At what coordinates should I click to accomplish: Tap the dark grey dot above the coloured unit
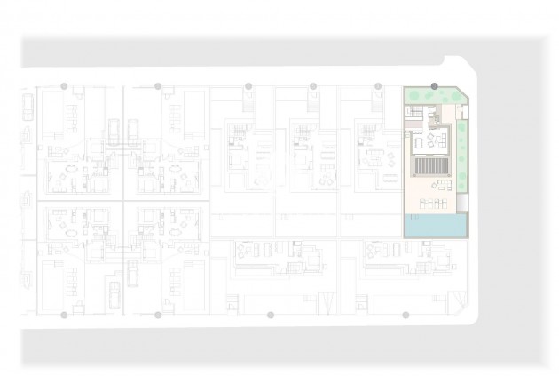tap(434, 86)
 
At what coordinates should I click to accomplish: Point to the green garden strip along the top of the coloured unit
tap(432, 95)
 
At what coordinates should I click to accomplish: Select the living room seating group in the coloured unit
tap(437, 140)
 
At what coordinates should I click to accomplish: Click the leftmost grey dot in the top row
tap(64, 86)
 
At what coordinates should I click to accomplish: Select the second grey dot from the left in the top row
tap(158, 86)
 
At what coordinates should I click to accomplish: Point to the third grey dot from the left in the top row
tap(248, 86)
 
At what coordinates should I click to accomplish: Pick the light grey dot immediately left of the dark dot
tap(378, 86)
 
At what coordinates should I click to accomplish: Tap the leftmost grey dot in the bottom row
tap(64, 315)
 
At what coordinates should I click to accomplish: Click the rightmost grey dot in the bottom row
tap(405, 315)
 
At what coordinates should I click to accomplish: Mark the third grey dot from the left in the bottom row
tap(271, 315)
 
